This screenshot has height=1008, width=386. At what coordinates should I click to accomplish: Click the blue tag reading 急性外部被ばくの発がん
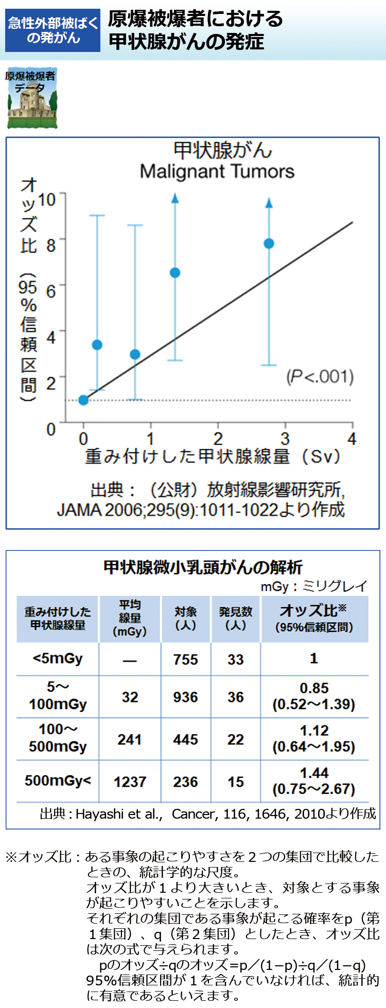click(53, 30)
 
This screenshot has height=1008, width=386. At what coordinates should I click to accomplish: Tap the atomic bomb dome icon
click(31, 98)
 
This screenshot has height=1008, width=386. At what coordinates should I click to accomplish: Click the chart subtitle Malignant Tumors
click(217, 171)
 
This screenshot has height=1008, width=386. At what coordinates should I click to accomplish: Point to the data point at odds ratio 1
click(83, 400)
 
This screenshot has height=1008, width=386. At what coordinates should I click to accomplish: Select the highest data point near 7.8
click(269, 243)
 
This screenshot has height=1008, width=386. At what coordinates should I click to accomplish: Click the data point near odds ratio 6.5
click(175, 273)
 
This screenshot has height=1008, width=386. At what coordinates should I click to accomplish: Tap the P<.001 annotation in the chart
click(320, 377)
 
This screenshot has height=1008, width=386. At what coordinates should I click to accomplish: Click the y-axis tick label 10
click(47, 199)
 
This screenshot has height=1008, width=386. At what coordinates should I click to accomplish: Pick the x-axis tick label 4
click(352, 439)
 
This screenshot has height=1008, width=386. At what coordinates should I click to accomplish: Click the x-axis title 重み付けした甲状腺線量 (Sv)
click(213, 456)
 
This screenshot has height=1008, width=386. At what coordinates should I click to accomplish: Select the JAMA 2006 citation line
click(201, 509)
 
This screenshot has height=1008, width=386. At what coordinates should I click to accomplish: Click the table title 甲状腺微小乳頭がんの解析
click(203, 567)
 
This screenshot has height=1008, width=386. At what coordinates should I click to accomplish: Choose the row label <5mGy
click(57, 659)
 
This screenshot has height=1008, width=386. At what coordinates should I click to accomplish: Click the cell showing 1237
click(130, 782)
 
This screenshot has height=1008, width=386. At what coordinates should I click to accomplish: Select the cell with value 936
click(185, 697)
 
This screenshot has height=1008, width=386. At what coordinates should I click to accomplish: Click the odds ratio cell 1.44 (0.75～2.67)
click(314, 781)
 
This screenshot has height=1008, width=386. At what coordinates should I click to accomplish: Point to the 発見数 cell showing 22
click(235, 739)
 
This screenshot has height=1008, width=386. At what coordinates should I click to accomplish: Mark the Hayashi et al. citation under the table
click(208, 814)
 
